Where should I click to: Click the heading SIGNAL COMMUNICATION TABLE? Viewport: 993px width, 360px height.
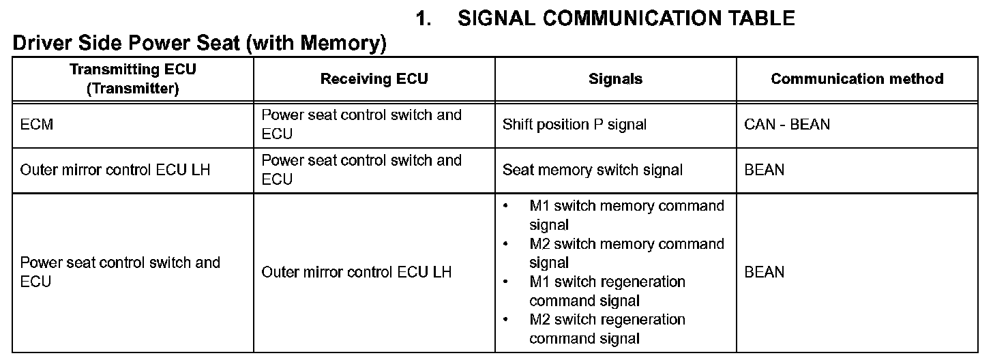626,18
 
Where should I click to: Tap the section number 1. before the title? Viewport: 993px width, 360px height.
424,18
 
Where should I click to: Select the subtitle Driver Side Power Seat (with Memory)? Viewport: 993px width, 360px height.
199,43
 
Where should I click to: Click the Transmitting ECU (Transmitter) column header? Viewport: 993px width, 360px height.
133,79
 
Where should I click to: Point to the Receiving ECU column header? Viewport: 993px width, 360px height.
374,79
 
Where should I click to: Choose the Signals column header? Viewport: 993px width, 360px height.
615,79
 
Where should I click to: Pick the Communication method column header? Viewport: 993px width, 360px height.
857,79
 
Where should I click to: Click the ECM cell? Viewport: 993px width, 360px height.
37,125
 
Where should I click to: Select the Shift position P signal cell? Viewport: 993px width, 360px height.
574,125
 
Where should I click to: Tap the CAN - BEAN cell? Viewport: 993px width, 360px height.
787,125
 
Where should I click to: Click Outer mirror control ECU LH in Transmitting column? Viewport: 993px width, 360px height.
115,170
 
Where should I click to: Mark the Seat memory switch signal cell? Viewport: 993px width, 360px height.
593,170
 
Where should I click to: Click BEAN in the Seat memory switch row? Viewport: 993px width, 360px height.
765,170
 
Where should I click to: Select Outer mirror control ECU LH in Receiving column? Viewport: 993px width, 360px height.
357,272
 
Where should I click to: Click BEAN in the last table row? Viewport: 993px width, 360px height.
765,272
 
